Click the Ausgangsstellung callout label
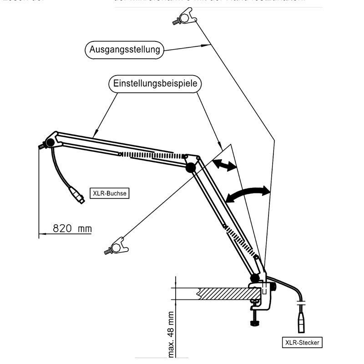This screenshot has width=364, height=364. pos(124,50)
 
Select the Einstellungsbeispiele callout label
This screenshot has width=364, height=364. pos(154,84)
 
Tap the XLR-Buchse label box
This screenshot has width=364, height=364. pos(109,193)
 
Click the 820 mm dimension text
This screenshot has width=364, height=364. pos(72,228)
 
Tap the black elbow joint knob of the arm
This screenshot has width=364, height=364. pos(190,168)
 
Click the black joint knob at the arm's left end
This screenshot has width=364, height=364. pos(50,143)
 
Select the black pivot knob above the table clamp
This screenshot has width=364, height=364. pos(254,277)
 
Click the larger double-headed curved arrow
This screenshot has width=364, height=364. pos(248,193)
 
